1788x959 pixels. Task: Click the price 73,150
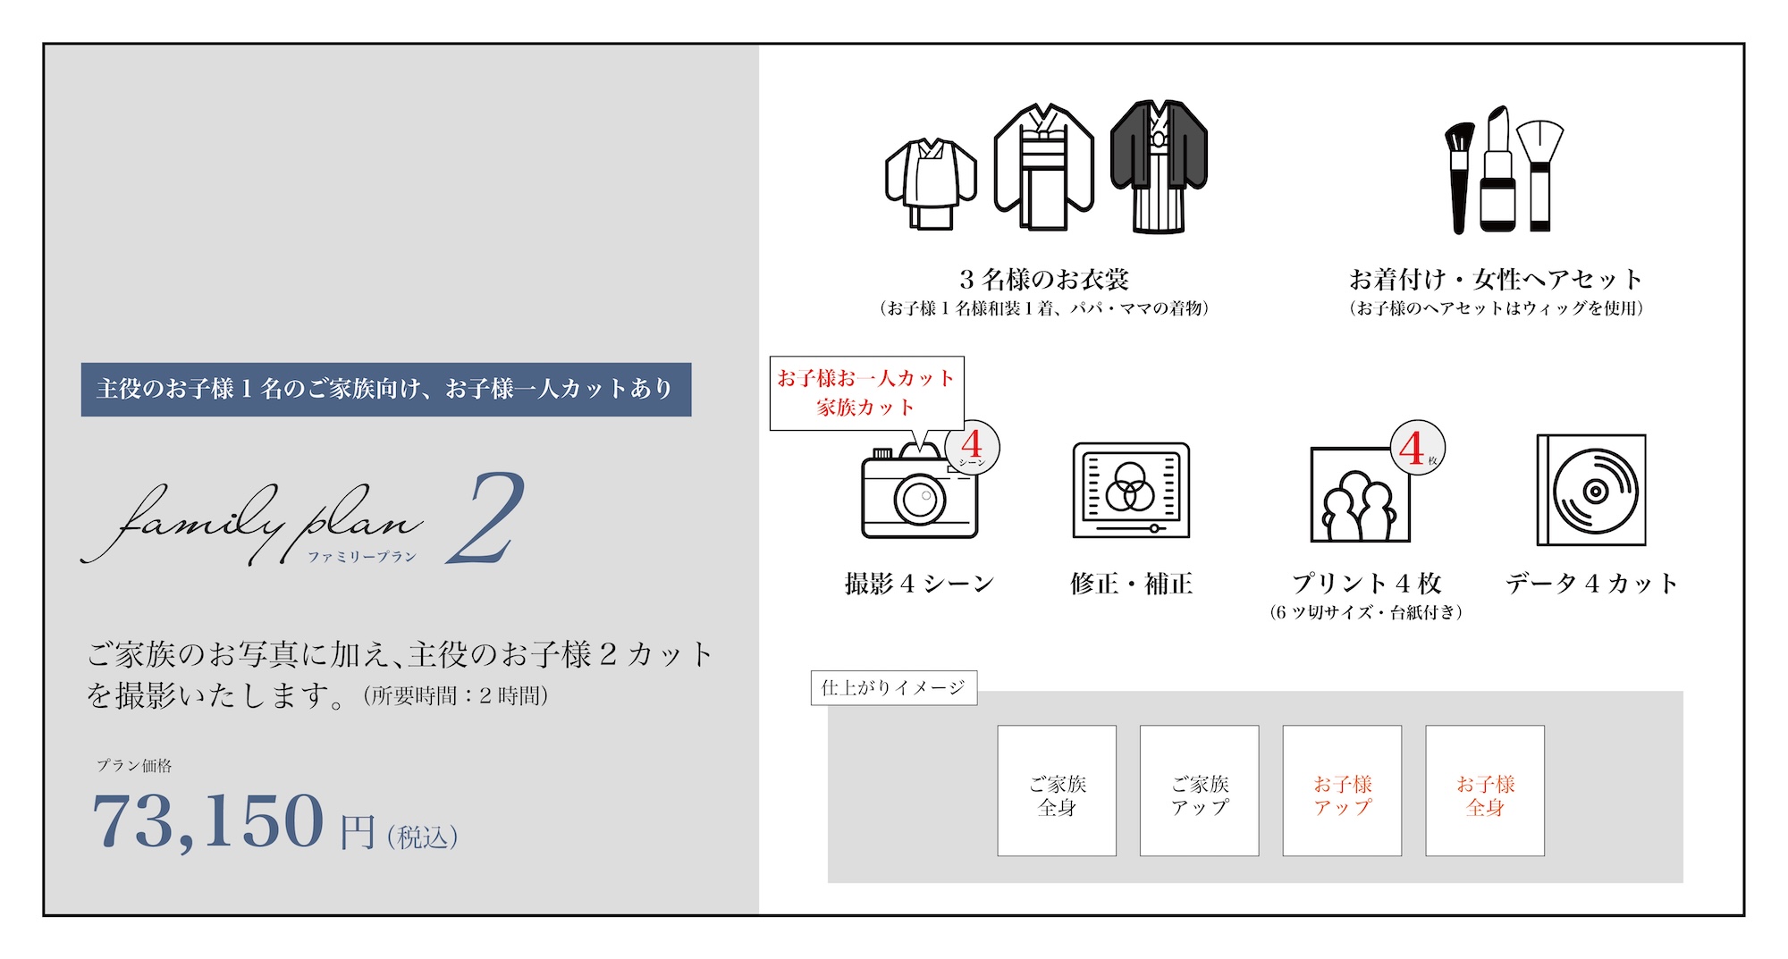click(x=207, y=821)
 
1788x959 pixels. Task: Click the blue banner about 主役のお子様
click(x=386, y=389)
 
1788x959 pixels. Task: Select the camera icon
click(x=920, y=492)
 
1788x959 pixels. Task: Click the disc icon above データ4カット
click(x=1591, y=490)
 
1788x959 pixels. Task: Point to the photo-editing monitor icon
click(x=1131, y=491)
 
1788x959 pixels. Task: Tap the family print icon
click(x=1360, y=494)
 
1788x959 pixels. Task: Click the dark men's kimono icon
click(x=1159, y=166)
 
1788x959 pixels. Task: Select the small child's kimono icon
click(x=931, y=184)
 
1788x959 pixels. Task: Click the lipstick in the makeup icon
click(x=1497, y=169)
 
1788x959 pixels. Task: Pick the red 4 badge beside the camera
click(x=972, y=446)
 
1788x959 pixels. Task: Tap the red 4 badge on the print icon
click(x=1417, y=447)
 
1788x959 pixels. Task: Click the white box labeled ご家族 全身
click(x=1057, y=791)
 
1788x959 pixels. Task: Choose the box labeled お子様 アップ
click(x=1342, y=791)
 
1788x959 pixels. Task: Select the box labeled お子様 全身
click(x=1485, y=791)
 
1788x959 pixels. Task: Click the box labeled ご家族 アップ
click(x=1200, y=791)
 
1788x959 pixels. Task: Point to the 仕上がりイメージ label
click(x=894, y=688)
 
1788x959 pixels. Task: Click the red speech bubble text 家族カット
click(x=865, y=408)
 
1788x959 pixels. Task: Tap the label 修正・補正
click(x=1131, y=584)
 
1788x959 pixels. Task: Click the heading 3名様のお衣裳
click(x=1044, y=280)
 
